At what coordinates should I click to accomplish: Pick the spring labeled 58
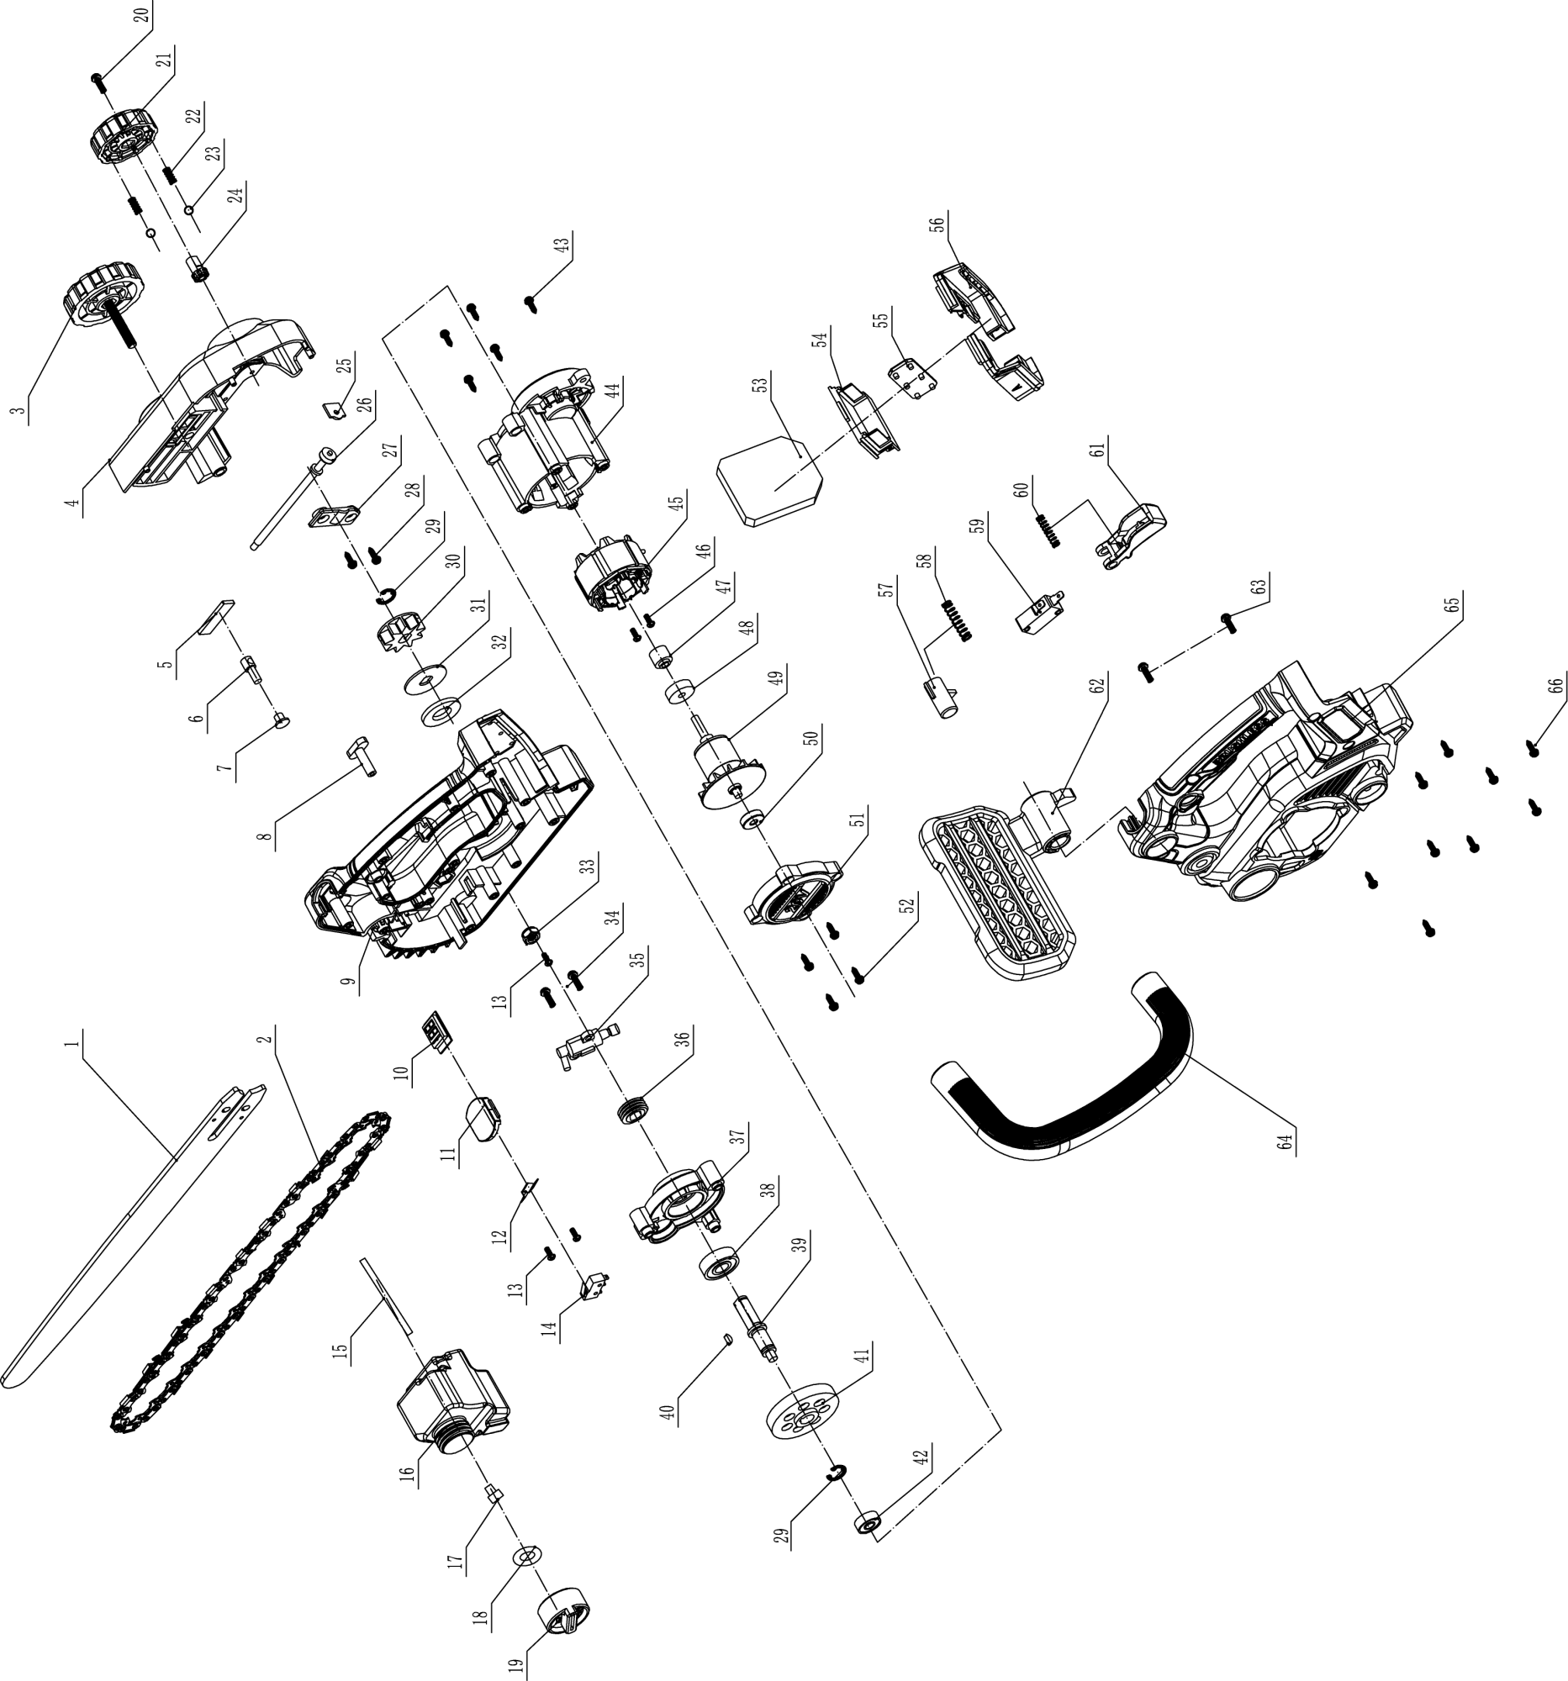pyautogui.click(x=958, y=619)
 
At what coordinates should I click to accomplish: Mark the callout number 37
pyautogui.click(x=739, y=1136)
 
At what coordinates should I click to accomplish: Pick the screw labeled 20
pyautogui.click(x=98, y=81)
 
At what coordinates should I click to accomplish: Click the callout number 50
pyautogui.click(x=811, y=737)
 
